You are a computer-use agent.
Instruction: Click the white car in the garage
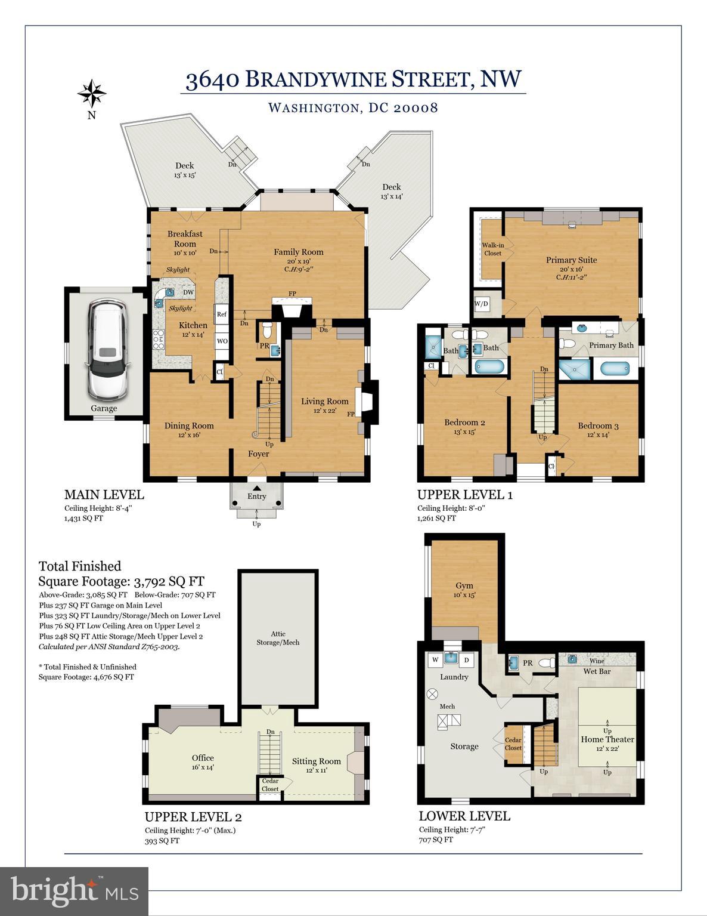(107, 350)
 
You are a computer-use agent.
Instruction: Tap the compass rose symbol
(91, 93)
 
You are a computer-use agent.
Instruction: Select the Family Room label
(299, 252)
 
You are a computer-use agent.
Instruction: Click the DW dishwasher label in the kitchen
(188, 292)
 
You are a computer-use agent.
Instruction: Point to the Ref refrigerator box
(222, 314)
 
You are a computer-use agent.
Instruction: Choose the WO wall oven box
(222, 341)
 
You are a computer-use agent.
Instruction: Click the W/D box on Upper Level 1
(481, 304)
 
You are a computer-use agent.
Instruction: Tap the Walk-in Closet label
(492, 249)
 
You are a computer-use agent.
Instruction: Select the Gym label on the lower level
(464, 585)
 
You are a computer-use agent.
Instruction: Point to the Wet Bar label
(597, 671)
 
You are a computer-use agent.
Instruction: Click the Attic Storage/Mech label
(278, 638)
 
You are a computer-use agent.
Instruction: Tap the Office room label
(203, 758)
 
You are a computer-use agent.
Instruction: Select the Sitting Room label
(316, 761)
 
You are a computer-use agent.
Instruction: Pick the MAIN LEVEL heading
(104, 495)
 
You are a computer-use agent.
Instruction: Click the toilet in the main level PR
(266, 330)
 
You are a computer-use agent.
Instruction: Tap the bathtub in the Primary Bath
(615, 369)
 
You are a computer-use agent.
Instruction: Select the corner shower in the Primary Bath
(575, 369)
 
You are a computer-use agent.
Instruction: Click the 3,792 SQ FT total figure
(169, 582)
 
